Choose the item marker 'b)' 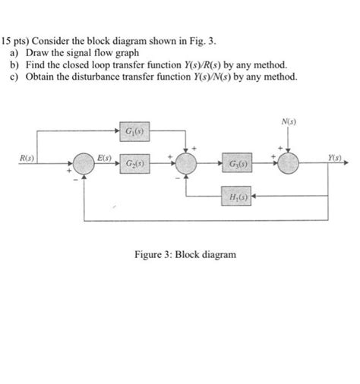click(14, 66)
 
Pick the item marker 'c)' click(14, 78)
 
